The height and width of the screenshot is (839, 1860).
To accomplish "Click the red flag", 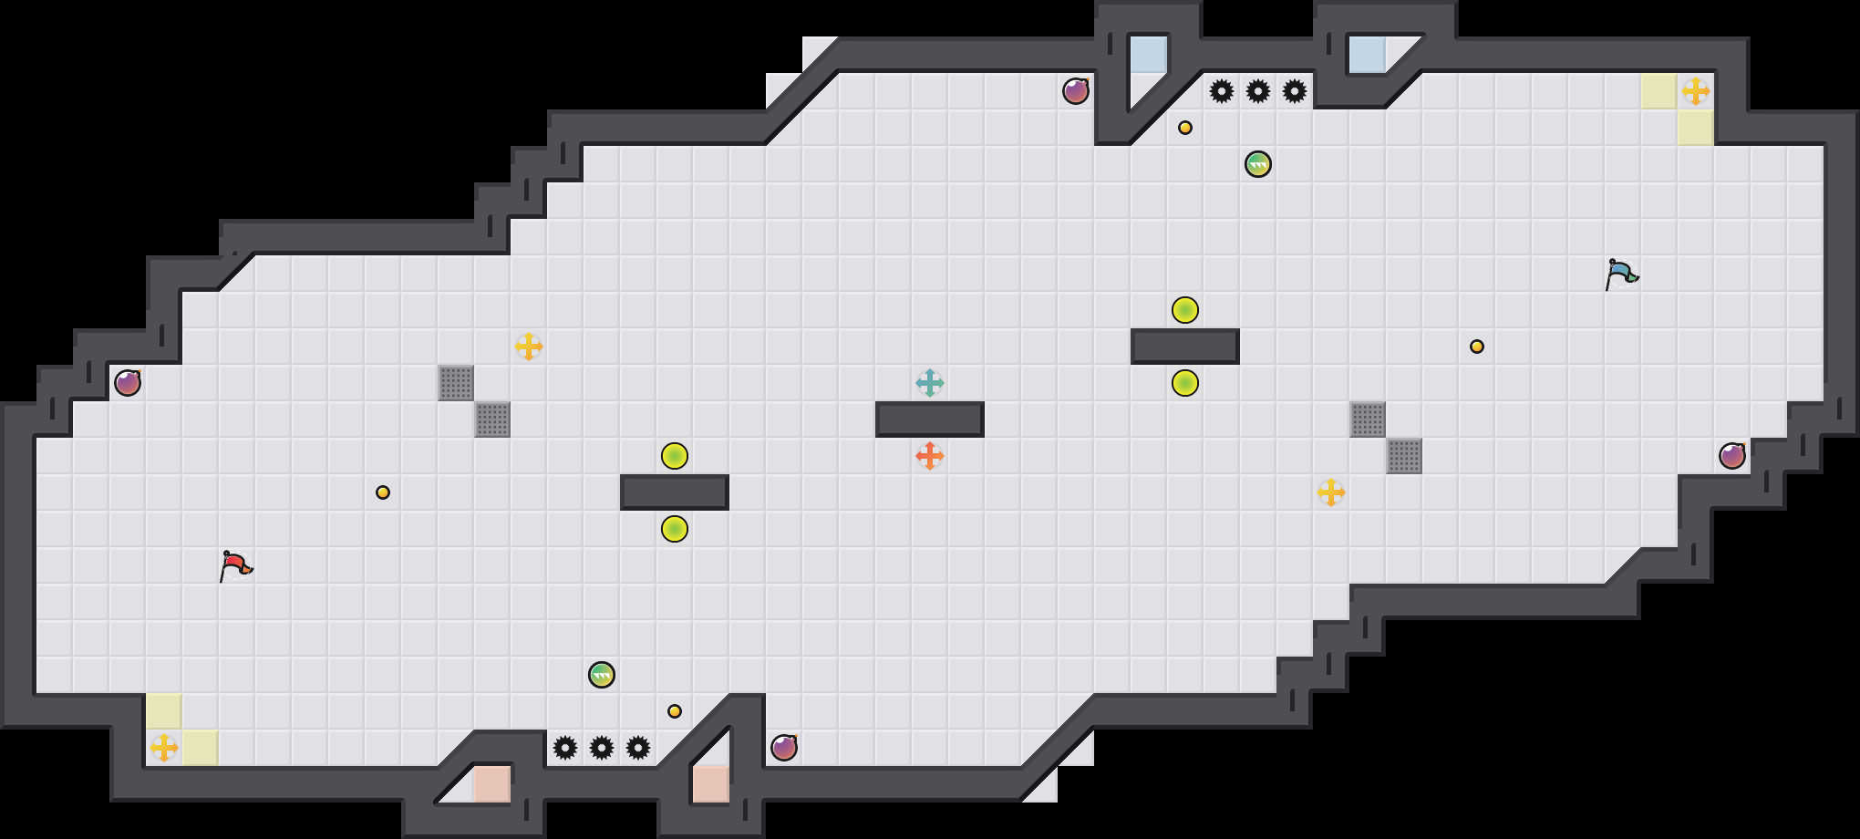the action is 235,565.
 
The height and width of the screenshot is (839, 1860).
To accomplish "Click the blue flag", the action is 1621,274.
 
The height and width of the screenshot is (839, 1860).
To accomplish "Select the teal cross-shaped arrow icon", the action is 930,383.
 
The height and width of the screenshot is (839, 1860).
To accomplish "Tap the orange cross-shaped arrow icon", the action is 930,456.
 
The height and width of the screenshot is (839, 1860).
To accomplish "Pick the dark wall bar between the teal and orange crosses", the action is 930,419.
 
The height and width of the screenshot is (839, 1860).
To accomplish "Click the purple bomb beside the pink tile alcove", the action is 784,748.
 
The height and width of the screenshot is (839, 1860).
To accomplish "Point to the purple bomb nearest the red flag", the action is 128,383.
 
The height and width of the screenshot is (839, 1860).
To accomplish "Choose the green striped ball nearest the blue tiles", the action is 1258,164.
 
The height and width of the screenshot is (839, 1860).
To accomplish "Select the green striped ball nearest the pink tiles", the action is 602,675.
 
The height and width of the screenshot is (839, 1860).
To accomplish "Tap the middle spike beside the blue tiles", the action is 1258,91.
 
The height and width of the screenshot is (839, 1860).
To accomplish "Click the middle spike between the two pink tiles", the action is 602,748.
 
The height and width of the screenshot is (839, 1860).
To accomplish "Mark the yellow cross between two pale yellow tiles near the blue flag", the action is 1696,91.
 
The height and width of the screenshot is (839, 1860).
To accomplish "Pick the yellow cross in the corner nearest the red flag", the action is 164,748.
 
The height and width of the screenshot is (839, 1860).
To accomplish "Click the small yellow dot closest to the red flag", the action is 383,492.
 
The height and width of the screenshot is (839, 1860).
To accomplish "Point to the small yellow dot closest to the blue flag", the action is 1477,347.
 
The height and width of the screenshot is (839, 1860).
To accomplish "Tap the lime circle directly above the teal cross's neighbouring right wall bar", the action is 1185,310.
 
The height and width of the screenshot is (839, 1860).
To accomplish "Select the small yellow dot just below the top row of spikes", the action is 1185,128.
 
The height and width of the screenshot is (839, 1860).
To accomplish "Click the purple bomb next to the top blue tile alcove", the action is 1076,91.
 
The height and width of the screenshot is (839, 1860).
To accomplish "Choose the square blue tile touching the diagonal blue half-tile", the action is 1149,55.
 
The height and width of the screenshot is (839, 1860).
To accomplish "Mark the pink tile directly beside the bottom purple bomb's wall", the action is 711,784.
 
